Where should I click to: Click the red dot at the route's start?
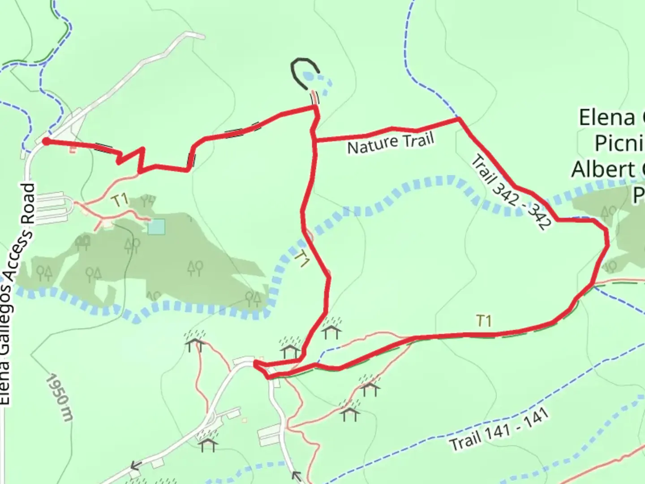pos(46,142)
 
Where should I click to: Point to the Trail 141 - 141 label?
pos(499,430)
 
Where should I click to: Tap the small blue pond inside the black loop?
pos(308,77)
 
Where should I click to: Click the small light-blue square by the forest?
pos(156,227)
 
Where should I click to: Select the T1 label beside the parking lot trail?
pos(120,200)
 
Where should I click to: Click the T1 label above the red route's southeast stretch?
pos(484,321)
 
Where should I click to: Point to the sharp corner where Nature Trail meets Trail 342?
pos(459,119)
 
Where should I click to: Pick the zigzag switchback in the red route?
pos(132,158)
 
